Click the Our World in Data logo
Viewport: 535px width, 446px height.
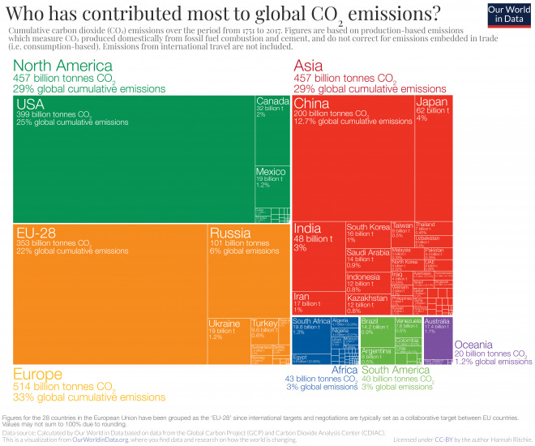pos(508,14)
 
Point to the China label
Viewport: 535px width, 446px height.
pos(311,104)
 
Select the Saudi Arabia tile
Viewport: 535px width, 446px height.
pos(368,259)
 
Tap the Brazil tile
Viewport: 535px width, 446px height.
pos(376,332)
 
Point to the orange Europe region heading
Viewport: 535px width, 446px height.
pos(38,375)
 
